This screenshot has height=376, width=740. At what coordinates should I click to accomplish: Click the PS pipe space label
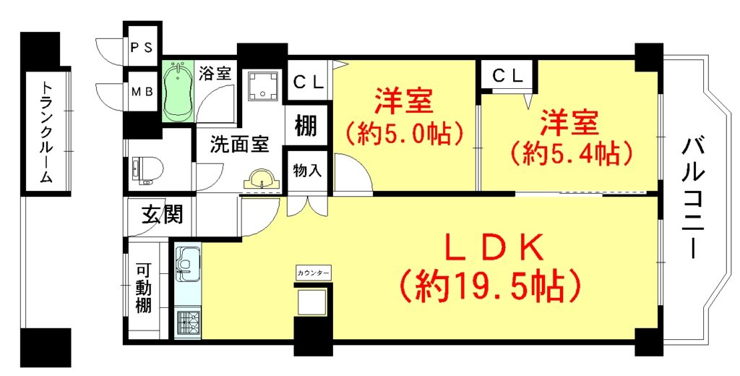(x=141, y=48)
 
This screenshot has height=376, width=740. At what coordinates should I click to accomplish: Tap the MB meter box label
(x=141, y=92)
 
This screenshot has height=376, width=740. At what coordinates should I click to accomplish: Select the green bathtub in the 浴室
(x=178, y=90)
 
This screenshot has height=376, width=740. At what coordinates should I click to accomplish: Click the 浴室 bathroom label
(x=215, y=74)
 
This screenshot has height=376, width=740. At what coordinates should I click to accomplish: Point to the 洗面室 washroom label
(x=239, y=145)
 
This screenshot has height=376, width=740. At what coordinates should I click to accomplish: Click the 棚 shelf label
(x=306, y=126)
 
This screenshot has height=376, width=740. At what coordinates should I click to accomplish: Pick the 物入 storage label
(x=307, y=171)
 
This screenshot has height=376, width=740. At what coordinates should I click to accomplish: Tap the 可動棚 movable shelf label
(x=144, y=288)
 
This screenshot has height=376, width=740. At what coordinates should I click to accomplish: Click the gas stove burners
(x=187, y=322)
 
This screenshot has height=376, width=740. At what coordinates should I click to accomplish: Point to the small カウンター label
(x=314, y=273)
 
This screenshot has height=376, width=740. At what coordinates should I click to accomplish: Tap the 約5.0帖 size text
(x=403, y=135)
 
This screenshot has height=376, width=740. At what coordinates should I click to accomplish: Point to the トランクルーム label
(x=47, y=132)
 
